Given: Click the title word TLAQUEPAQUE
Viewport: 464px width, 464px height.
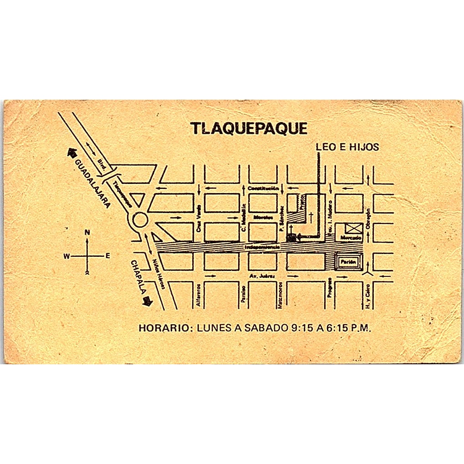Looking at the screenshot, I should pyautogui.click(x=249, y=128).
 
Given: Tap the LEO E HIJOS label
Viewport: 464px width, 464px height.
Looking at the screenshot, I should pyautogui.click(x=347, y=147).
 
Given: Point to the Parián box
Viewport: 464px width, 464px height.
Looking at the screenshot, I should pyautogui.click(x=348, y=262).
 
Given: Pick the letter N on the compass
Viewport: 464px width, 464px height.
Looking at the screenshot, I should pyautogui.click(x=87, y=233).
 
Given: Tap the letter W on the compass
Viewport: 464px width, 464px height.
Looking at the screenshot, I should pyautogui.click(x=66, y=256).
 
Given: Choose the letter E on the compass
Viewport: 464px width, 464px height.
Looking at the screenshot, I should pyautogui.click(x=107, y=256).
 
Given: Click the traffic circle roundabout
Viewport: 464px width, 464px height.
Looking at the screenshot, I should pyautogui.click(x=139, y=222).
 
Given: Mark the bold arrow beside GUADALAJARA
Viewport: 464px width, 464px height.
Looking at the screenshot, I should pyautogui.click(x=71, y=153).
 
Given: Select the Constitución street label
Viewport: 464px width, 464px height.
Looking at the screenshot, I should pyautogui.click(x=263, y=188).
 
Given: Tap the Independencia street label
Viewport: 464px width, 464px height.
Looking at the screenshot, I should pyautogui.click(x=262, y=247).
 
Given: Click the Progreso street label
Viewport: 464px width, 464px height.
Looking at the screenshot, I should pyautogui.click(x=329, y=288).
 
